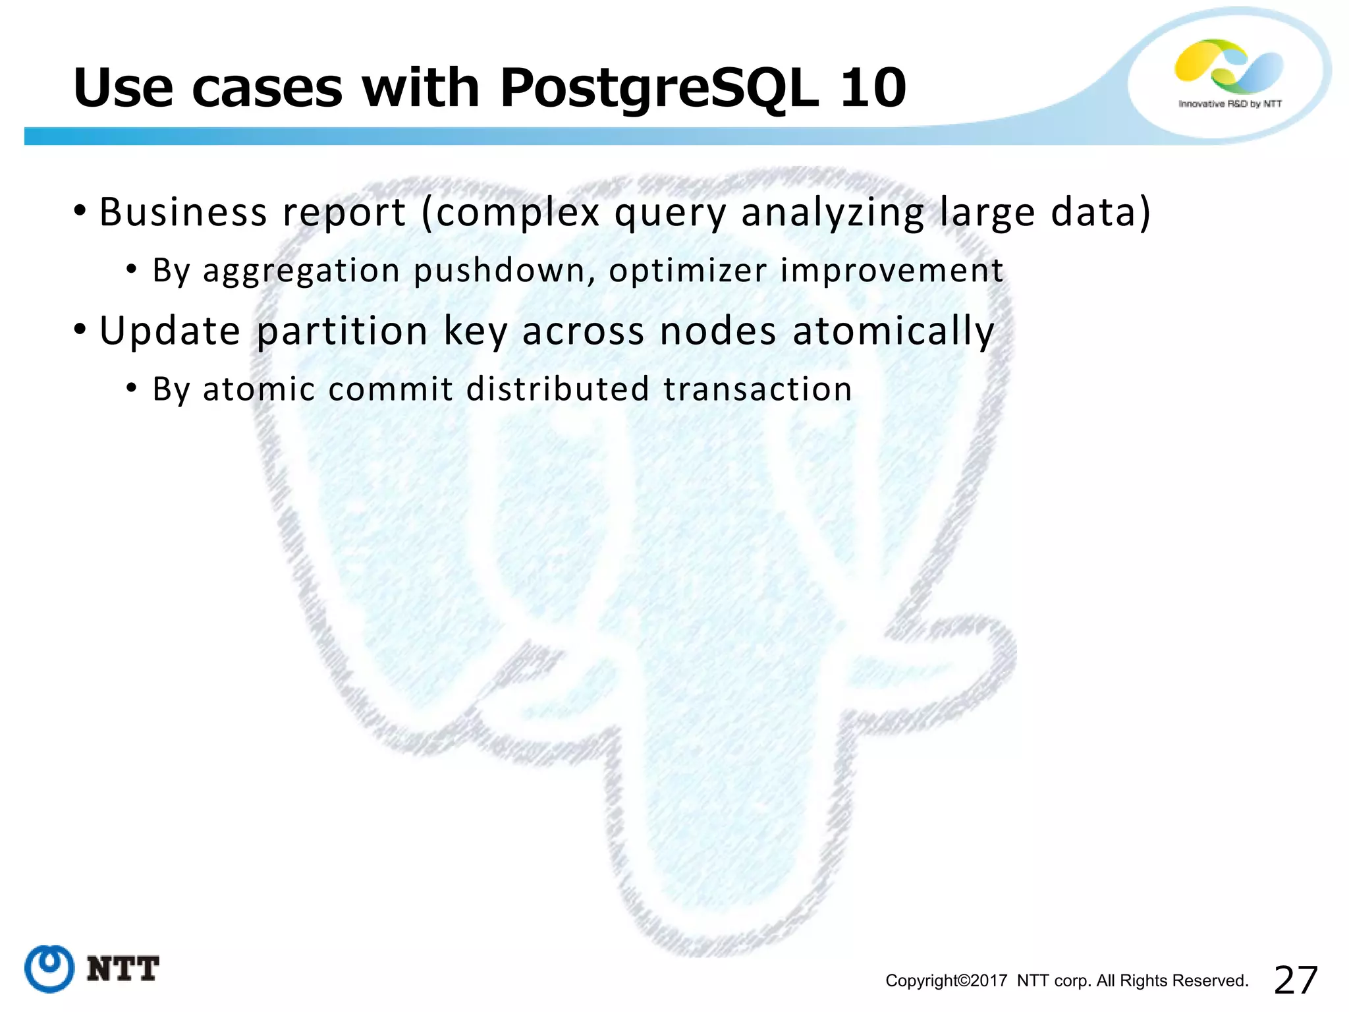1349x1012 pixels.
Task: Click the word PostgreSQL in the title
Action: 659,89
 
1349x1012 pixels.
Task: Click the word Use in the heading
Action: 123,88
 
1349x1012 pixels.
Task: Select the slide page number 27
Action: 1296,980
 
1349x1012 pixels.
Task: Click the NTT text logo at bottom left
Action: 123,969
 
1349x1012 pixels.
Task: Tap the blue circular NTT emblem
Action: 49,968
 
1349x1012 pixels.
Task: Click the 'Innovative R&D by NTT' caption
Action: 1230,104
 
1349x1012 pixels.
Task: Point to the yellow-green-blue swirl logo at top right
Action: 1228,66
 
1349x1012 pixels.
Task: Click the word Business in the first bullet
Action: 183,213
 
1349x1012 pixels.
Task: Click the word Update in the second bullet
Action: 170,331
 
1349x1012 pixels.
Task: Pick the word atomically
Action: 893,331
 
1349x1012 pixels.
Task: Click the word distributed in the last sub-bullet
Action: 558,389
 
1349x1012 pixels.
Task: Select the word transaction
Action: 757,389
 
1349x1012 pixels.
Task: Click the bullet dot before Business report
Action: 80,211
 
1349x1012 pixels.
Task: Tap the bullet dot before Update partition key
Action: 80,329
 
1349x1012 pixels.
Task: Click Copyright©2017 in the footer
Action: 946,981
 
